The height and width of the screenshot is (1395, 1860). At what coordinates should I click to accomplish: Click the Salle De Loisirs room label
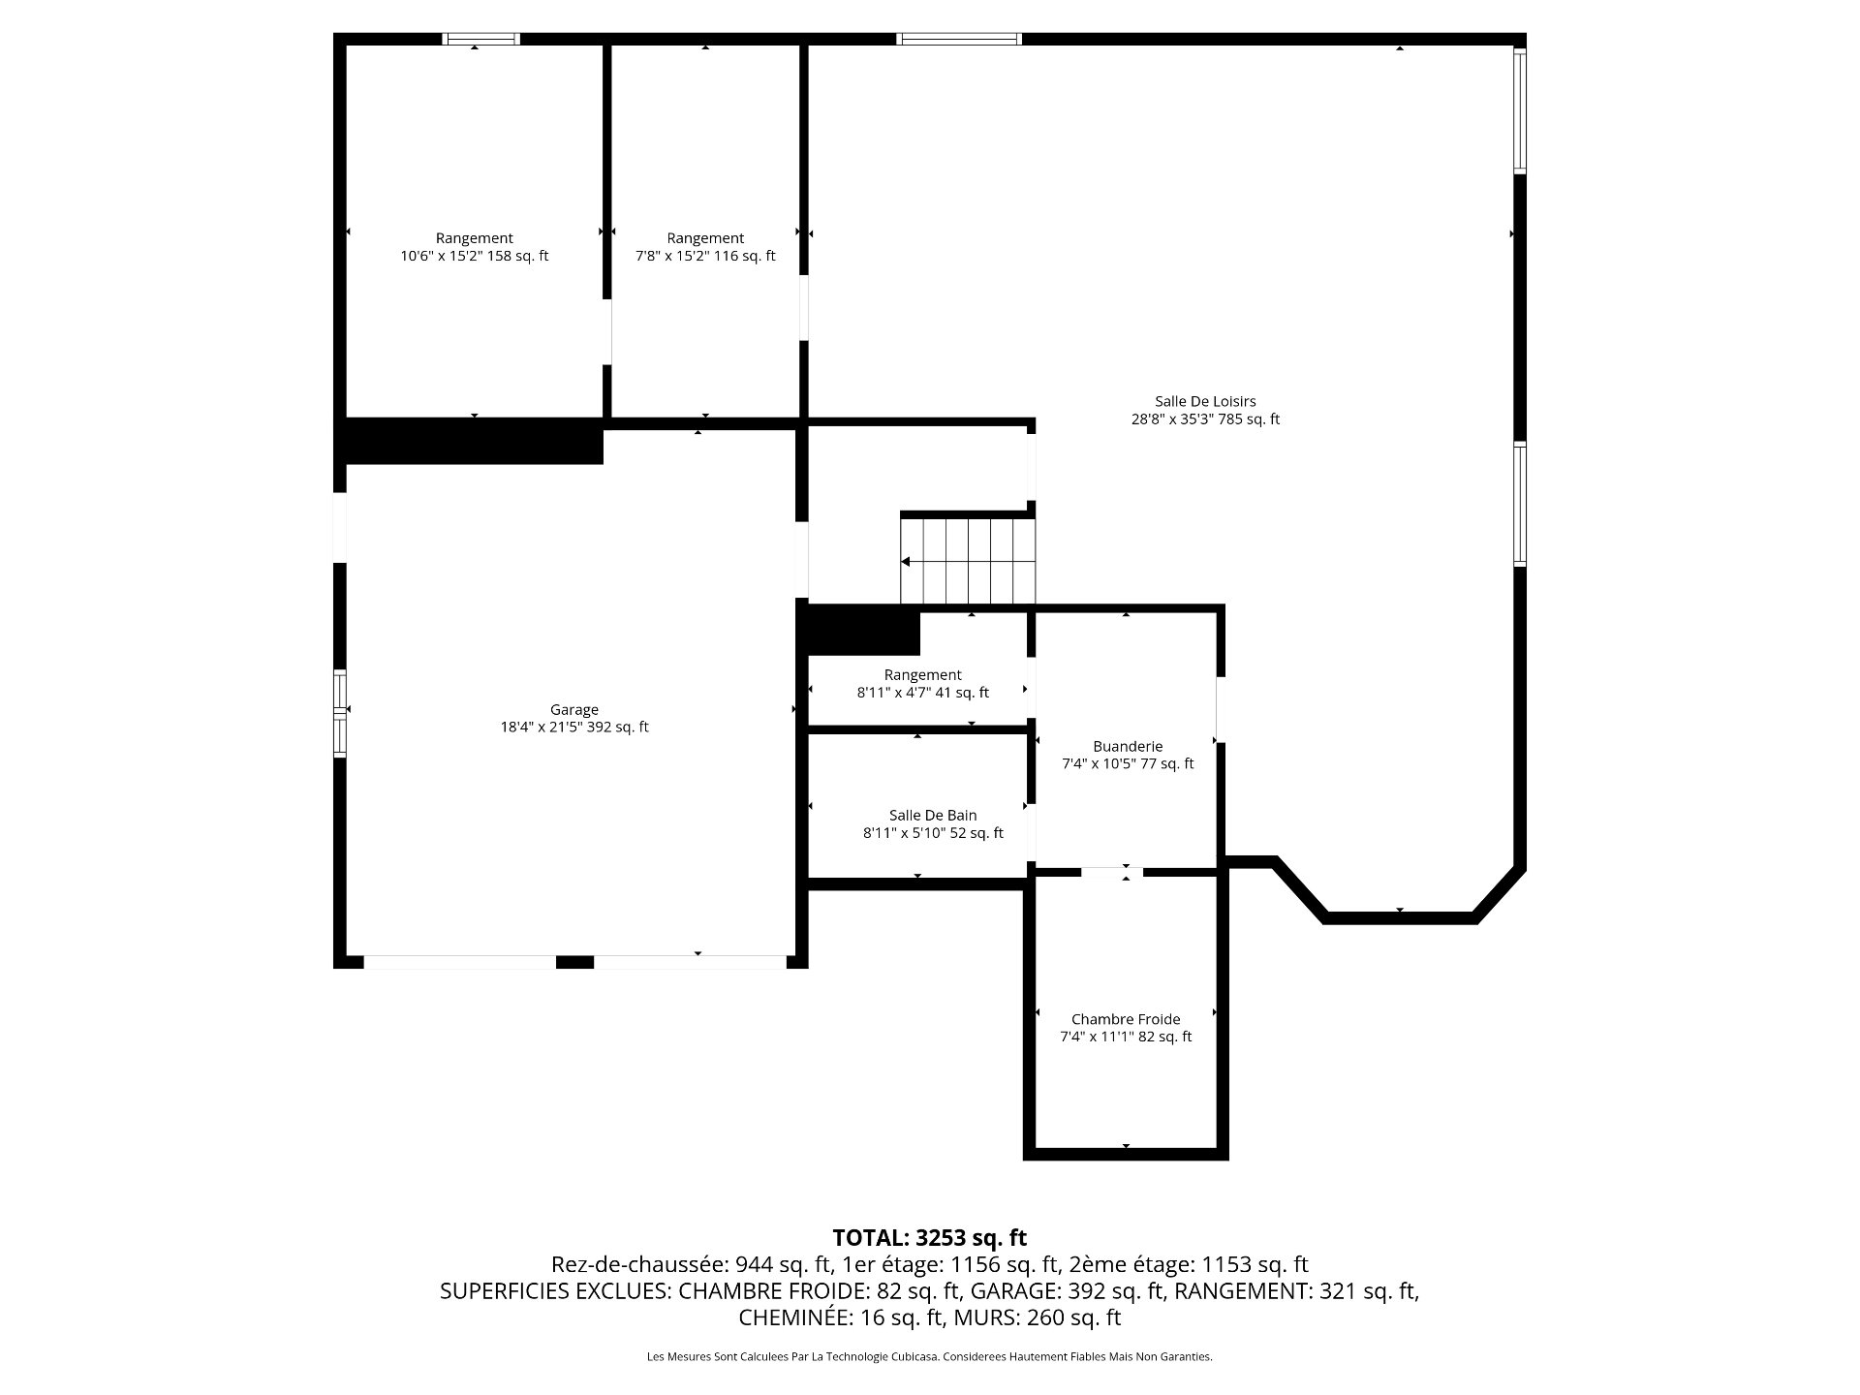click(1205, 401)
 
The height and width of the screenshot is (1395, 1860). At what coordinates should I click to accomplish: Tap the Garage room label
click(574, 709)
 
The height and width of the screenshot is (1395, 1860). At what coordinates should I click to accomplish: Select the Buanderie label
click(1128, 746)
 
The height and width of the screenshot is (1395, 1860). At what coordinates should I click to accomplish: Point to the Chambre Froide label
click(1126, 1019)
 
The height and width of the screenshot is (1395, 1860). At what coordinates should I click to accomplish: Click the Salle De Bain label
click(933, 816)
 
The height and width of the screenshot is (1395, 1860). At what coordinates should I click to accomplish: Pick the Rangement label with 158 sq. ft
click(474, 238)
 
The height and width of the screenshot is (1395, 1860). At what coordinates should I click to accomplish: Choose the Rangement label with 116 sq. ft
click(705, 238)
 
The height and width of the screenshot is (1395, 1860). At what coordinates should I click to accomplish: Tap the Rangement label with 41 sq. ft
click(922, 675)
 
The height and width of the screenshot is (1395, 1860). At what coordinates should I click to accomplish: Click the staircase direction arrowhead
click(906, 562)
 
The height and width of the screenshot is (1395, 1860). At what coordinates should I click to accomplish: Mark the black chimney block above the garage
click(475, 442)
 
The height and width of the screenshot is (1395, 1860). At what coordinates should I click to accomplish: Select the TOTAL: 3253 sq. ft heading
click(929, 1237)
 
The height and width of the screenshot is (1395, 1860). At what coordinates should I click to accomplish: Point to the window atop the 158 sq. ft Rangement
click(481, 39)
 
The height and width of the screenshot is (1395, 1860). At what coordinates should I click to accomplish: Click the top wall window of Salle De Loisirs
click(959, 39)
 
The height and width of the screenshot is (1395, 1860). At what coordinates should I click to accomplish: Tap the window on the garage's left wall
click(340, 713)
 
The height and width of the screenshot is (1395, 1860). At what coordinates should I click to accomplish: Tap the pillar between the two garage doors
click(574, 962)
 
